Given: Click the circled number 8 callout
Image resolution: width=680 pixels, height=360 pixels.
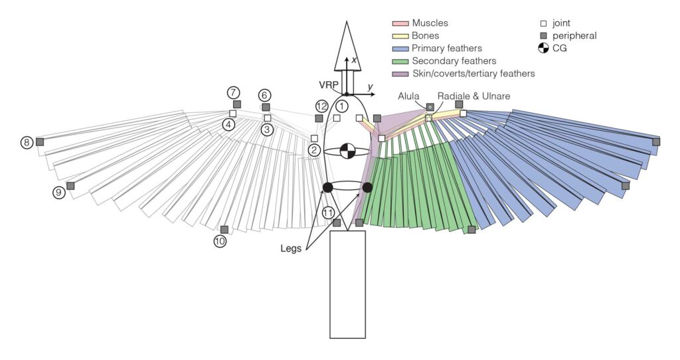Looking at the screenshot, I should tap(27, 142).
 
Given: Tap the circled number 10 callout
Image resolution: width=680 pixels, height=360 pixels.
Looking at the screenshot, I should tap(220, 242).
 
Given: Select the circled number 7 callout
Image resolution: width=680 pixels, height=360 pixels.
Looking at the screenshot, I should tap(233, 92).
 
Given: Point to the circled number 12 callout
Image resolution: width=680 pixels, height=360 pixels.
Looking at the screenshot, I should tap(322, 106).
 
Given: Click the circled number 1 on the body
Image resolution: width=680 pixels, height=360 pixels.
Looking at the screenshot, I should tap(341, 106).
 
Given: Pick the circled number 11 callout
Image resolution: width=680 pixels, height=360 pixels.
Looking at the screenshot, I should tap(328, 213).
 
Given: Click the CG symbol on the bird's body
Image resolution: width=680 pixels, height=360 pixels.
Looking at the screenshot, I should tap(347, 151).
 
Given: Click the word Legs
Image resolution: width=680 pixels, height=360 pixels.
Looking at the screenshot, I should tap(290, 248).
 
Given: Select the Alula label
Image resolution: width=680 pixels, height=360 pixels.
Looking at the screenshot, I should tap(408, 96).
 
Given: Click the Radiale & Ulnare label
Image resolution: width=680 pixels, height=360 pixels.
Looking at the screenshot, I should tap(473, 96).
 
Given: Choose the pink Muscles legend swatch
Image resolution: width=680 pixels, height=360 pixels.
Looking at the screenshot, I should tap(400, 23).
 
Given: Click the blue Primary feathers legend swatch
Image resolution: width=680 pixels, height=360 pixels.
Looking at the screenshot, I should tap(400, 48).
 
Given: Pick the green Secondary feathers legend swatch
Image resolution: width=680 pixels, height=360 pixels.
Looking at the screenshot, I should tap(400, 60).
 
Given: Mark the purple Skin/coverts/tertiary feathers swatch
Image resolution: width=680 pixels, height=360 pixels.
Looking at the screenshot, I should tap(400, 73).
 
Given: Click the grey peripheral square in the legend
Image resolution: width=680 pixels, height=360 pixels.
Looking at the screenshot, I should tap(543, 35).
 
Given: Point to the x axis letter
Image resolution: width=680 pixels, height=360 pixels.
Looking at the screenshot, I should tap(355, 60).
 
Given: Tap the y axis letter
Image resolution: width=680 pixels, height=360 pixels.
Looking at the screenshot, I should tap(371, 87).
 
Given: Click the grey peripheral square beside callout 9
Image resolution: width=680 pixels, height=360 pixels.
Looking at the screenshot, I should tap(70, 186).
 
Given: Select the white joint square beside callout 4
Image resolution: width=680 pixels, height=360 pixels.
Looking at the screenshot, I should tap(232, 114).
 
